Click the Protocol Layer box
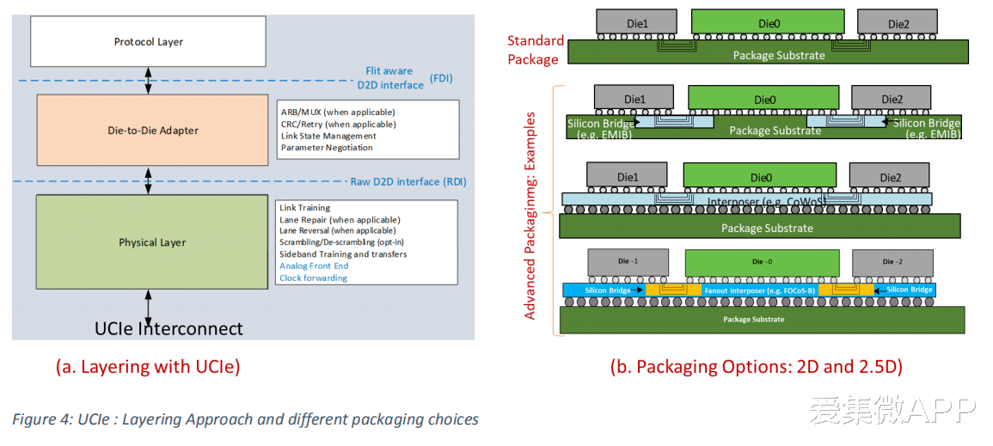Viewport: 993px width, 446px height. (x=148, y=42)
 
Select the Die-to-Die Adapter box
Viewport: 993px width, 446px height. (x=152, y=131)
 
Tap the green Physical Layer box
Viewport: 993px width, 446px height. (x=152, y=242)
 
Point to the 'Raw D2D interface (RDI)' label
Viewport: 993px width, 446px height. (x=408, y=182)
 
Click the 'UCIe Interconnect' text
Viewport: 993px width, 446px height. (x=169, y=328)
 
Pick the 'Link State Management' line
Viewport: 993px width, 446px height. (x=328, y=136)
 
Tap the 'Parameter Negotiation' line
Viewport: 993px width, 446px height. (x=327, y=148)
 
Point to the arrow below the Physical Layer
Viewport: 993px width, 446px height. (x=149, y=308)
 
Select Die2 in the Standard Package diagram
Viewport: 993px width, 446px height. (x=898, y=22)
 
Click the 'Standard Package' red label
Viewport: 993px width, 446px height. (x=536, y=50)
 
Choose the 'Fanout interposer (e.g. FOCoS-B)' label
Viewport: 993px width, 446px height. (x=760, y=290)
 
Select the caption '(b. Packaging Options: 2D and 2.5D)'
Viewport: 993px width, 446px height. (x=757, y=367)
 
